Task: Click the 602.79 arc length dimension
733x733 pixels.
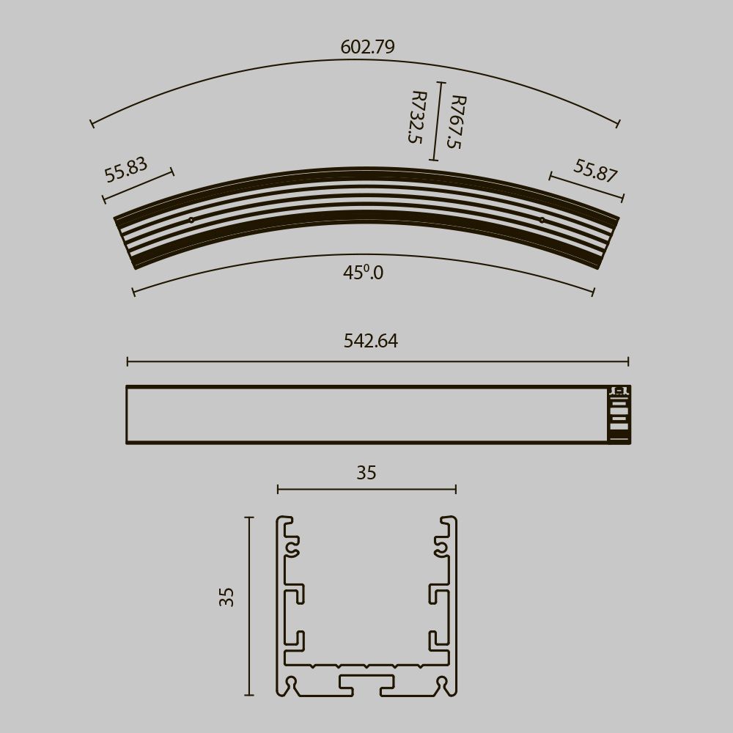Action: click(367, 47)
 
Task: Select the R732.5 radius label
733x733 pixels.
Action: click(417, 117)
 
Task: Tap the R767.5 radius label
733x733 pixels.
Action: click(455, 122)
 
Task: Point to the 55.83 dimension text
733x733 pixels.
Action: click(126, 169)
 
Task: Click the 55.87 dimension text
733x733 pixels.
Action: click(595, 171)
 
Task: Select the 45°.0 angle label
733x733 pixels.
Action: click(363, 273)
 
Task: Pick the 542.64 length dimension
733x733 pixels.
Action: click(371, 341)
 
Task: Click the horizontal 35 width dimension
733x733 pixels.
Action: click(366, 474)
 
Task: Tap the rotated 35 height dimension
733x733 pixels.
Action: click(226, 597)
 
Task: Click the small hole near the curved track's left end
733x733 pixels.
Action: click(191, 220)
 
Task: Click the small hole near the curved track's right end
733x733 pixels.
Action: click(542, 220)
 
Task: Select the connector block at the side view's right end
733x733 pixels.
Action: click(619, 415)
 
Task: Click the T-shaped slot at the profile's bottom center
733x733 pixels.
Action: click(366, 683)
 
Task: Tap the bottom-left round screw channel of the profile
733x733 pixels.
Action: click(292, 683)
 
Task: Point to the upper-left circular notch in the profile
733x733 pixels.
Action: click(294, 546)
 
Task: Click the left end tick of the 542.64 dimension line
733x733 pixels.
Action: click(128, 361)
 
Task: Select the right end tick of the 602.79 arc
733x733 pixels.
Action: click(619, 123)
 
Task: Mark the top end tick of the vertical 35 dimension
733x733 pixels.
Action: click(249, 517)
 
